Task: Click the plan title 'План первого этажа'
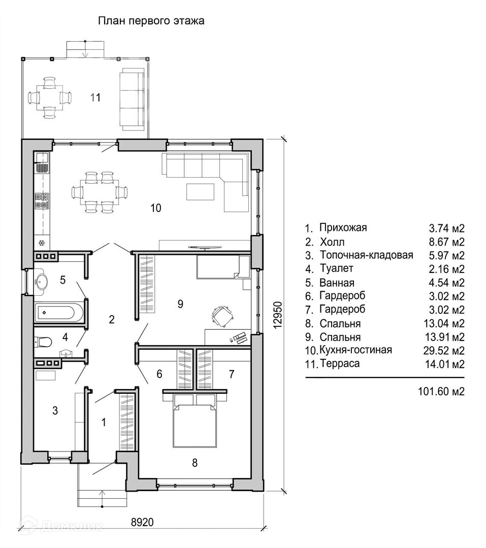coord(151,21)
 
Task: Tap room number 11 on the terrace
coord(95,97)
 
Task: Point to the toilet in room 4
coord(43,341)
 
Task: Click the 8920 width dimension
coord(142,522)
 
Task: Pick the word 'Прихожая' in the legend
coord(343,227)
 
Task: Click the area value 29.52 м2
coord(447,351)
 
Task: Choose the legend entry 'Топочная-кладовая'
coord(366,255)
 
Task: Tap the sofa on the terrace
coord(131,98)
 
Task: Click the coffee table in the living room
coord(201,191)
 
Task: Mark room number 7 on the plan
coord(232,374)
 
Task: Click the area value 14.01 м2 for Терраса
coord(447,364)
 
